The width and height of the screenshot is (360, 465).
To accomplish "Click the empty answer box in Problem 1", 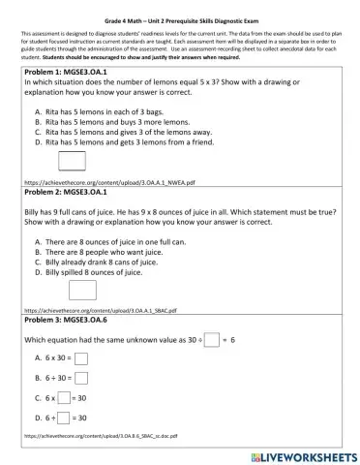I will point(73,161).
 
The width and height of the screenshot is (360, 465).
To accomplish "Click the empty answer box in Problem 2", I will point(83,290).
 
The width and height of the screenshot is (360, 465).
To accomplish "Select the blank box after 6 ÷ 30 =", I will point(81,379).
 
